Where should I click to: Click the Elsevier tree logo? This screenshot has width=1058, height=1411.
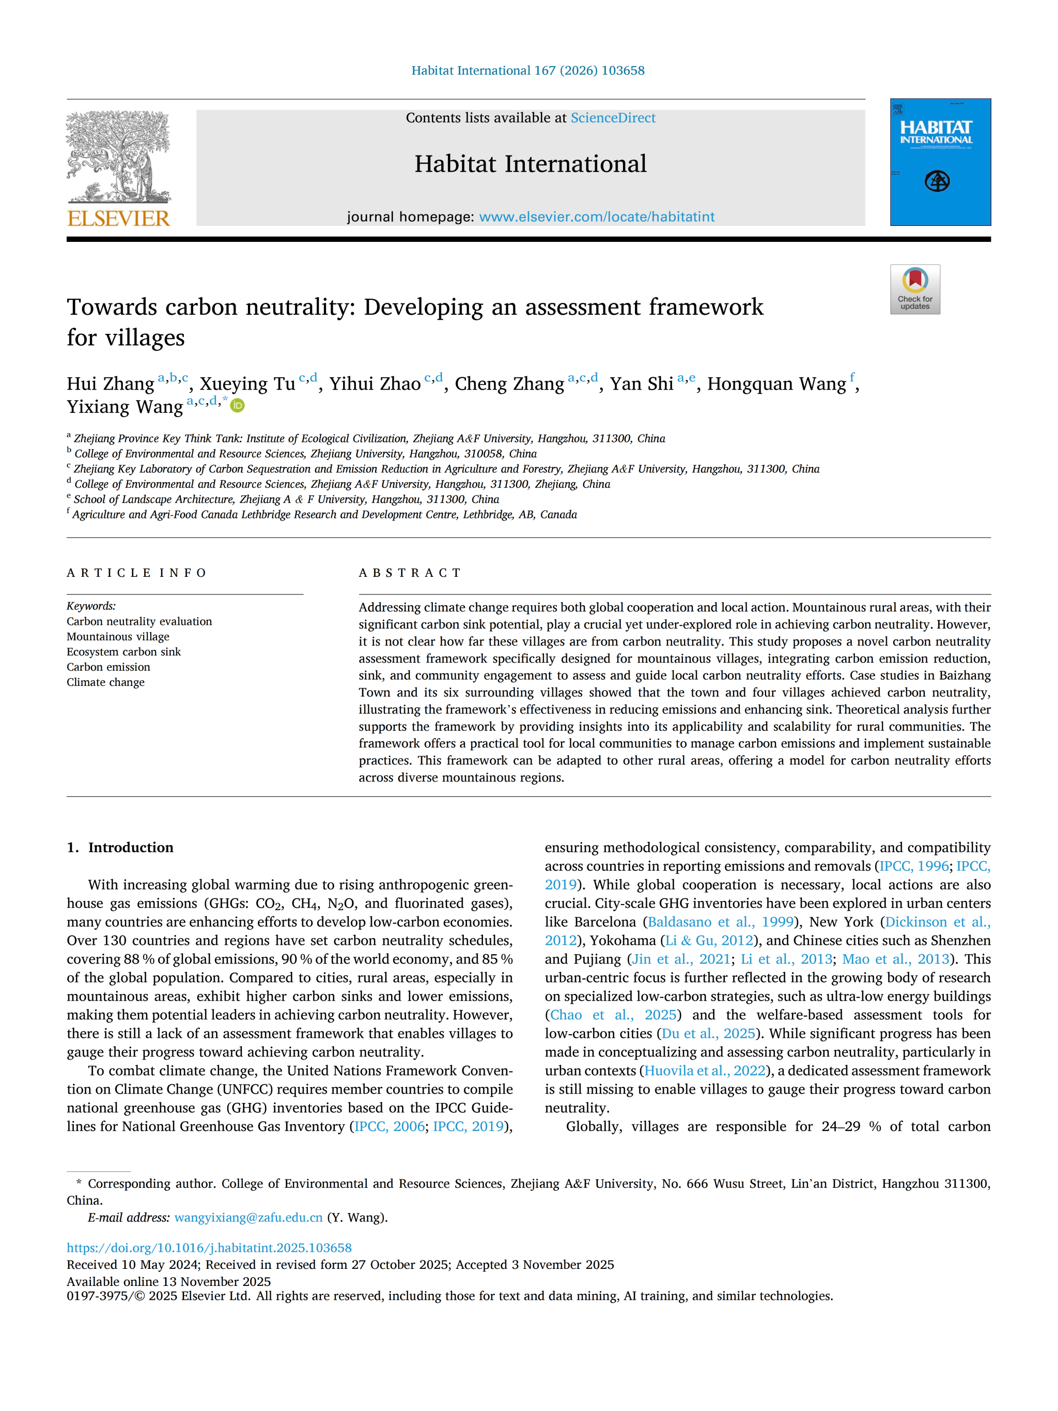coord(119,156)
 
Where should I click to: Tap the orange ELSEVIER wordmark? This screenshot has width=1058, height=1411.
coord(119,219)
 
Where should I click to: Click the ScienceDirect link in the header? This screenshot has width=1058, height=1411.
coord(612,118)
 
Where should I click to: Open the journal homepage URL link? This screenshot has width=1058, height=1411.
coord(596,217)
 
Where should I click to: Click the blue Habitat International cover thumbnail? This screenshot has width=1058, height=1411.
coord(940,162)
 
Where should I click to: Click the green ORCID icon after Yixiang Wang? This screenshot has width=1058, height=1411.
coord(237,405)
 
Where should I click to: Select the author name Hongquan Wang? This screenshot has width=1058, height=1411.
coord(776,384)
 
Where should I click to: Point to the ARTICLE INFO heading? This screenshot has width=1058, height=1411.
coord(136,573)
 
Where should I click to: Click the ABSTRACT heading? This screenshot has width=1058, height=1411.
coord(410,573)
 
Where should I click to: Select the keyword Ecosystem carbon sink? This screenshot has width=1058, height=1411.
coord(123,652)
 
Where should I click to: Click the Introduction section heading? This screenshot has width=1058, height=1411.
coord(130,848)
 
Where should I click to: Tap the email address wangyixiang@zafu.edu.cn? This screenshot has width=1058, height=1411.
coord(248,1218)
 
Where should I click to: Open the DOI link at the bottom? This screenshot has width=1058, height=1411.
coord(209,1248)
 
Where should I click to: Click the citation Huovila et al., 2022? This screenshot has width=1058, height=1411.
coord(705,1071)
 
